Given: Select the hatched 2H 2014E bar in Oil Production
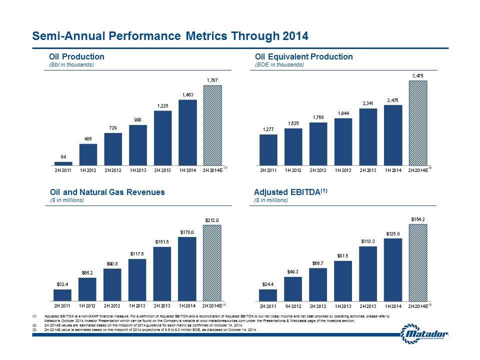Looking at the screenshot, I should (x=213, y=125).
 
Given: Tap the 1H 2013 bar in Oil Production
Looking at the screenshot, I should (x=138, y=145).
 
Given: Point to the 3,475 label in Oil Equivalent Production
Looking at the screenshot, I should (x=418, y=75).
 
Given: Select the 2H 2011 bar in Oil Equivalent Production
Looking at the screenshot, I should (x=268, y=149).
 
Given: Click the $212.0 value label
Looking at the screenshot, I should (x=213, y=219).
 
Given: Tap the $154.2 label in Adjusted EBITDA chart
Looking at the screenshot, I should (x=418, y=219).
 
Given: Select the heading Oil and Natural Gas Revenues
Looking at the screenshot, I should (x=107, y=192).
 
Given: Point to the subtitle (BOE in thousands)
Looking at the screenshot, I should (x=279, y=65).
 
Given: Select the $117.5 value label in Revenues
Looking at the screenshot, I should (x=138, y=253).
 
